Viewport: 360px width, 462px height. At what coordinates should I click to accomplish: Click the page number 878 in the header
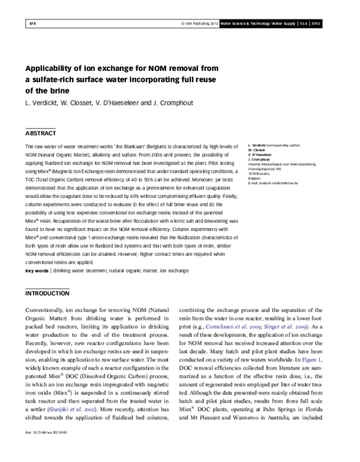click(x=32, y=23)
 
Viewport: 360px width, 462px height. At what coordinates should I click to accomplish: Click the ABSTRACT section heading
click(x=41, y=133)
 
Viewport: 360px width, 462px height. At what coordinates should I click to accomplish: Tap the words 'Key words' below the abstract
click(x=37, y=271)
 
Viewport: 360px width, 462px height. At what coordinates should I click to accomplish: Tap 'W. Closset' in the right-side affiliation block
click(x=256, y=150)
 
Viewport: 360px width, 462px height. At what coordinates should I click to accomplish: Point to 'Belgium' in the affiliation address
click(x=255, y=178)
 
